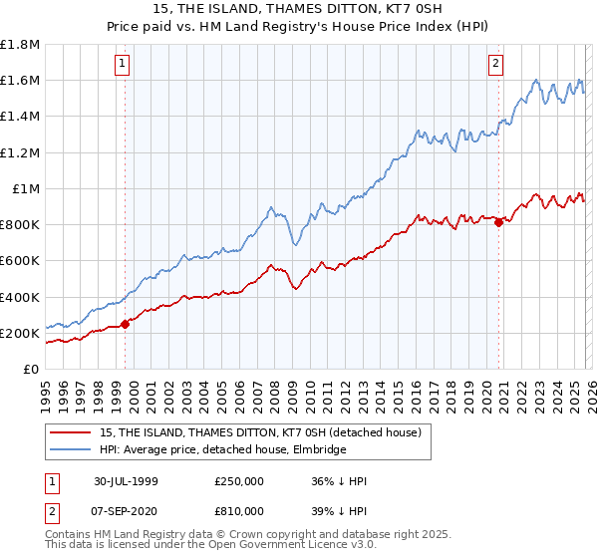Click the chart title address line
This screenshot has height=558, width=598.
click(x=299, y=9)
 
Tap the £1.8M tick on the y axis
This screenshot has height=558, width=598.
click(x=20, y=45)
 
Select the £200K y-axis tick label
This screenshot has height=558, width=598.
click(x=20, y=333)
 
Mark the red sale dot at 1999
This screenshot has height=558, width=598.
click(x=126, y=324)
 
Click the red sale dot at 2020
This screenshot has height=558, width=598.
click(x=498, y=223)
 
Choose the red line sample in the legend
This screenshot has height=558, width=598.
click(x=72, y=432)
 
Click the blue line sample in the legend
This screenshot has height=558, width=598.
click(x=72, y=449)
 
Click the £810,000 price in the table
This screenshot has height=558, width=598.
click(x=239, y=509)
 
